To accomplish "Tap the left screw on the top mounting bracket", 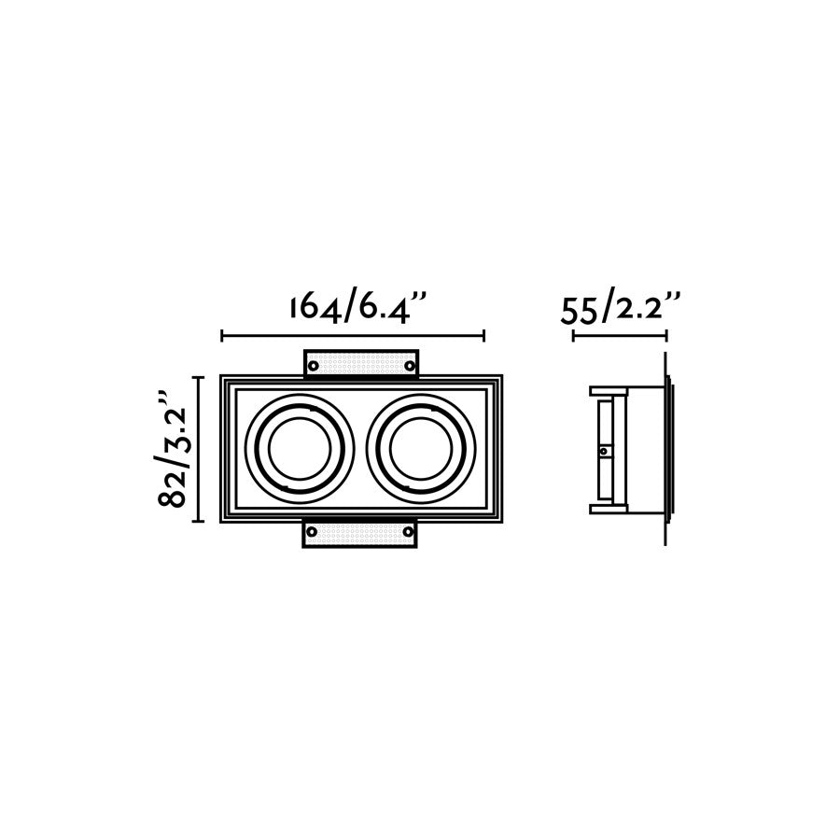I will [x=314, y=365].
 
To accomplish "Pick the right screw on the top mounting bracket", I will [x=408, y=365].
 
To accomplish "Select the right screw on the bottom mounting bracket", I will [x=408, y=532].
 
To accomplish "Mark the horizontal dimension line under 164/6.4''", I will [x=353, y=335].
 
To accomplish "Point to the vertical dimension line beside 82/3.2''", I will [x=198, y=448].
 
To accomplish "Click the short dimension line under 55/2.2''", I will [x=619, y=335].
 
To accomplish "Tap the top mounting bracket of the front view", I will [x=360, y=362].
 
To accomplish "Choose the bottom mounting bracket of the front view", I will [x=360, y=534].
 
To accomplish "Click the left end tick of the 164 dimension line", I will [x=221, y=335].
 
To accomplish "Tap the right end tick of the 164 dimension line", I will [x=484, y=335].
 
